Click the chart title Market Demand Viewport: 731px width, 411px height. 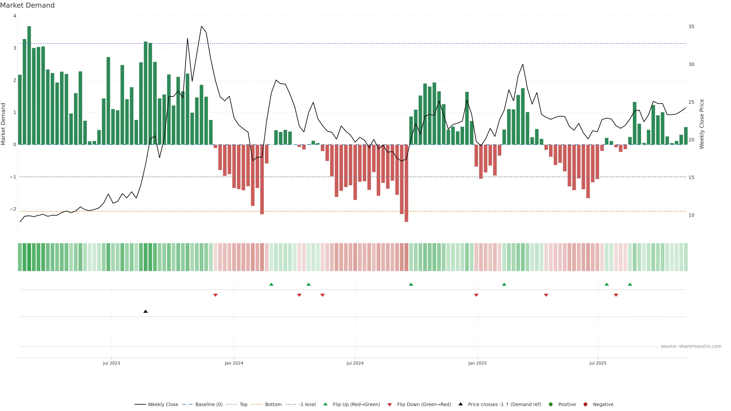(x=27, y=5)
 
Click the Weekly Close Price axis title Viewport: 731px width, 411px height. (x=701, y=124)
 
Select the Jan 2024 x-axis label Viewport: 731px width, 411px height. (x=234, y=363)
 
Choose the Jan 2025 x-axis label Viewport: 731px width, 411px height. (x=477, y=363)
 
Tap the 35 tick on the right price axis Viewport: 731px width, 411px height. (x=691, y=27)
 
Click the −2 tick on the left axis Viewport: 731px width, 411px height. (x=13, y=209)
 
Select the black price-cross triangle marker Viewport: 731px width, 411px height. (x=146, y=311)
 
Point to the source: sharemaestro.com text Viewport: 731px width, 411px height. (x=691, y=346)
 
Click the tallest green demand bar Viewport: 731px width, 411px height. (x=29, y=85)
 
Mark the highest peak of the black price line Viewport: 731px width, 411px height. (x=201, y=26)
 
